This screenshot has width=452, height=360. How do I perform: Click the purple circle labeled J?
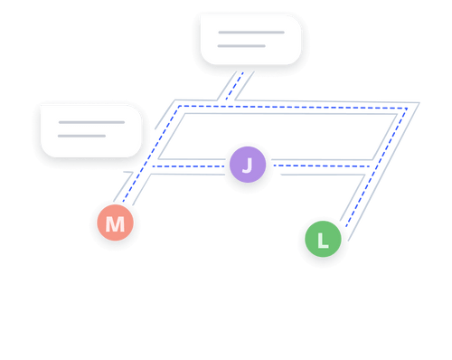pyautogui.click(x=247, y=165)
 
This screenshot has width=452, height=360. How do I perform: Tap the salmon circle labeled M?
pyautogui.click(x=115, y=223)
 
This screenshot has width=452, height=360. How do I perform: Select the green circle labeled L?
pyautogui.click(x=323, y=241)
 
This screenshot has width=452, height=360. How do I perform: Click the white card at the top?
pyautogui.click(x=250, y=40)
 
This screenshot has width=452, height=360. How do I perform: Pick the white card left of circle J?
pyautogui.click(x=91, y=130)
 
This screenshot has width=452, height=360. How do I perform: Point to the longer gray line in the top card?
pyautogui.click(x=250, y=33)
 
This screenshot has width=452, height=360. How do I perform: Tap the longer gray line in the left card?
pyautogui.click(x=91, y=122)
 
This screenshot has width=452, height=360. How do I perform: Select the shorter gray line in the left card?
pyautogui.click(x=81, y=137)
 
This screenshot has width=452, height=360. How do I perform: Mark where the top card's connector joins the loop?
pyautogui.click(x=226, y=105)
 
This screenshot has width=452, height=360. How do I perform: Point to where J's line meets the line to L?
pyautogui.click(x=373, y=167)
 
